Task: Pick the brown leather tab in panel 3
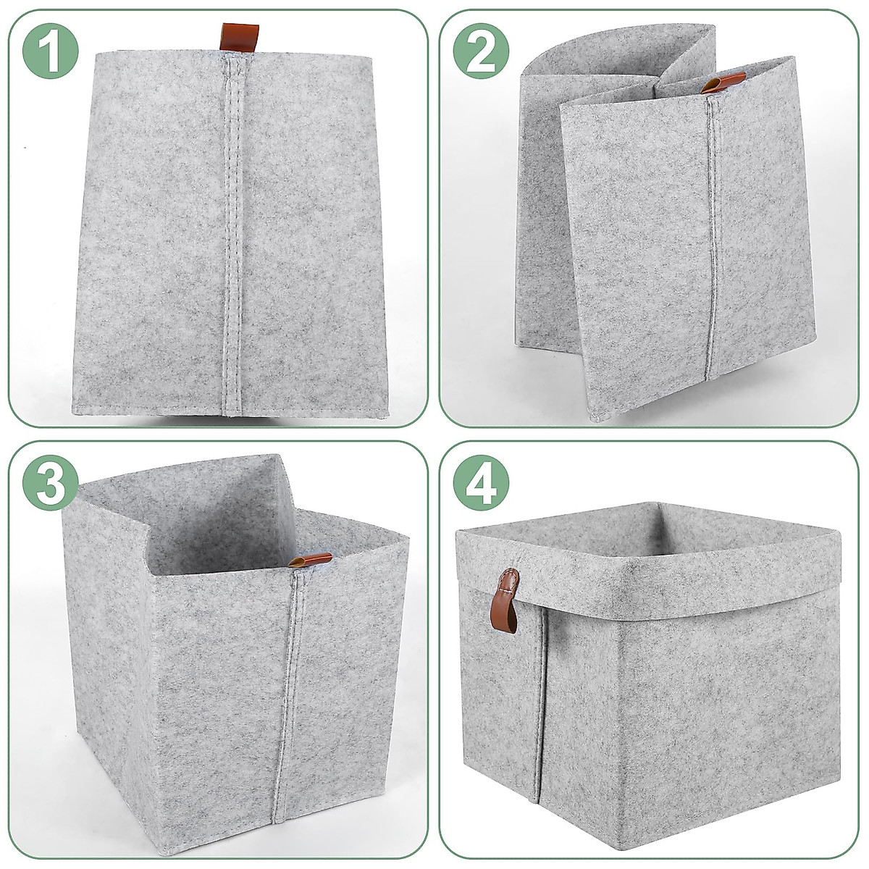click(311, 560)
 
